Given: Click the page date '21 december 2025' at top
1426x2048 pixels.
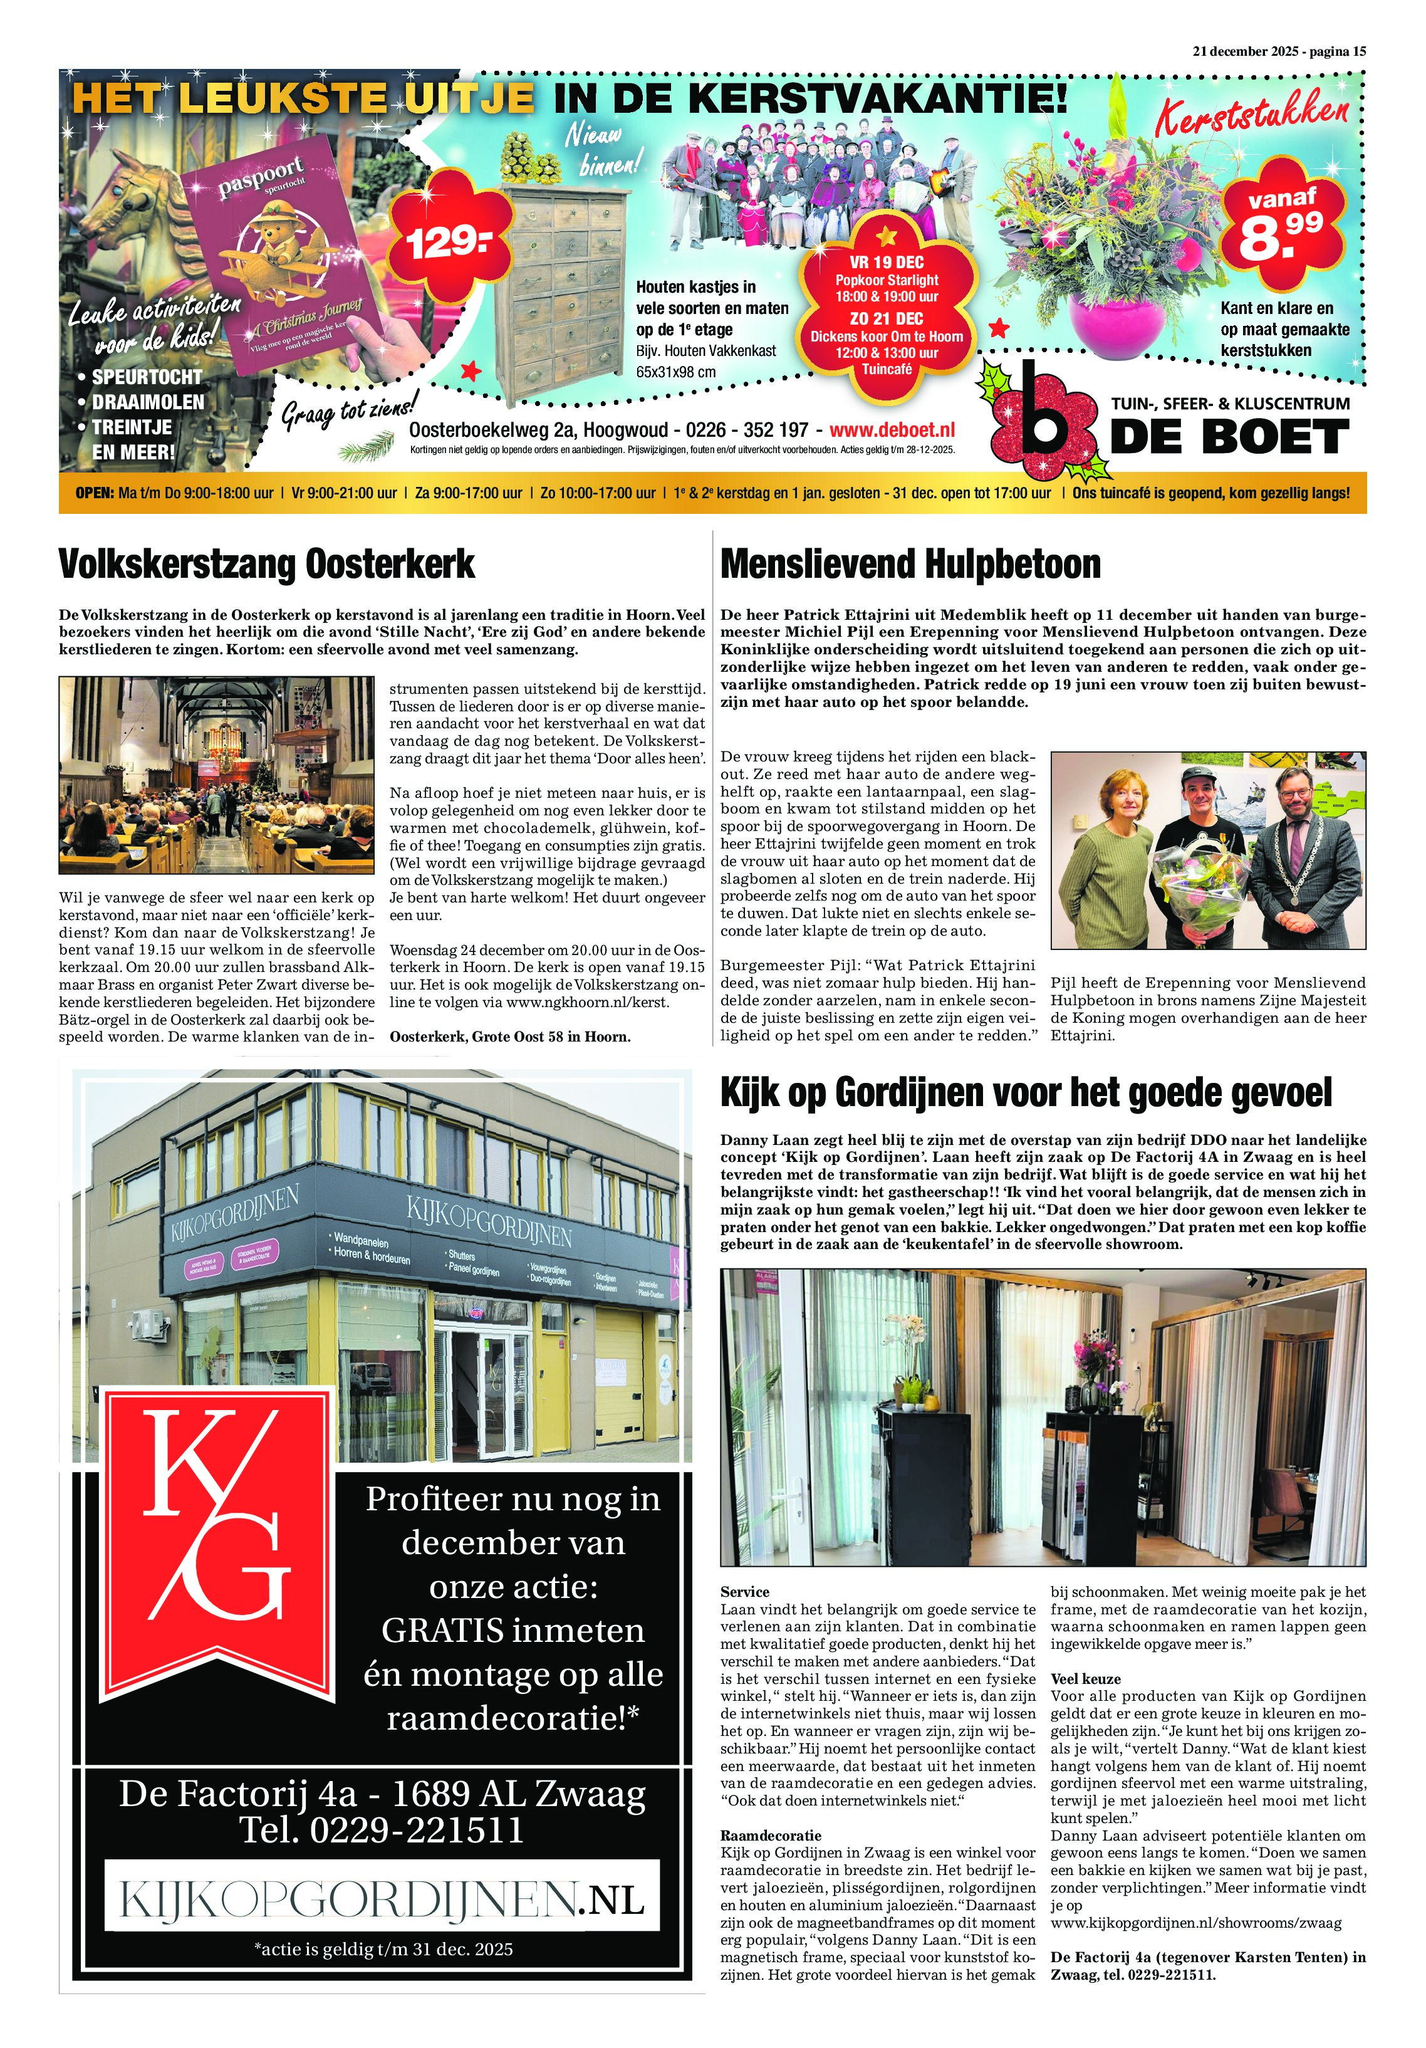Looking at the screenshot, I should click(1245, 51).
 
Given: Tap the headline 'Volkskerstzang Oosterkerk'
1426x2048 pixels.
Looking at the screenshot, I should click(267, 564).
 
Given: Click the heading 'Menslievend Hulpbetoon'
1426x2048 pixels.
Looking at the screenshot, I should click(910, 564).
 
